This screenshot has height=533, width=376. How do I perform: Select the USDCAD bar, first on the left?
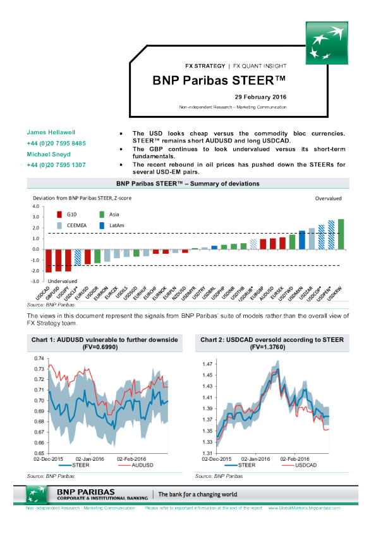[x=49, y=260]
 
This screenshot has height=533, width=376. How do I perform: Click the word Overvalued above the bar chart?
[x=328, y=198]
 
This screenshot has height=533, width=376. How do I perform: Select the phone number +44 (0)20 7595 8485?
[x=56, y=143]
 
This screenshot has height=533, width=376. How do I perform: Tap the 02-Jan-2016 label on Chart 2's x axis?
[x=257, y=458]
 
